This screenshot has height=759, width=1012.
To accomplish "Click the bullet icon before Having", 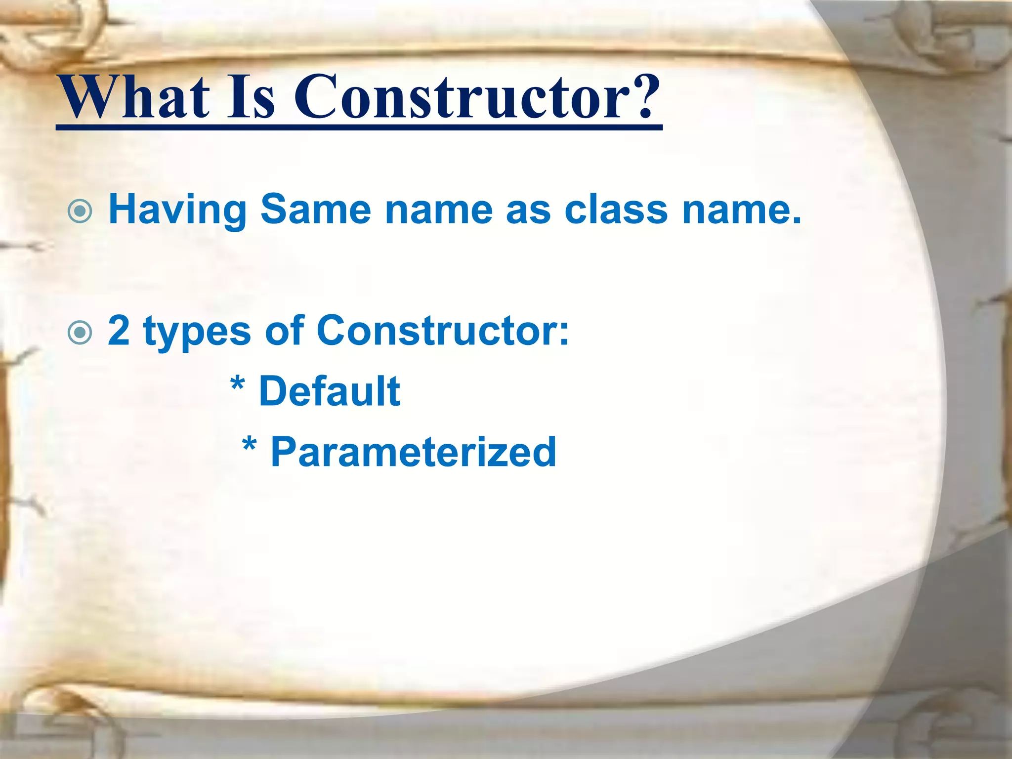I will [80, 212].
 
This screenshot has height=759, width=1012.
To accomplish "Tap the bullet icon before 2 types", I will [80, 333].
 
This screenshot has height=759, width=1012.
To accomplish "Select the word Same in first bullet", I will [315, 210].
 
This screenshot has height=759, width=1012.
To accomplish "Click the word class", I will [616, 210].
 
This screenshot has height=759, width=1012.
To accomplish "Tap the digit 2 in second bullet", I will [119, 331].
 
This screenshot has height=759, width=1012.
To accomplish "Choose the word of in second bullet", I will [285, 330].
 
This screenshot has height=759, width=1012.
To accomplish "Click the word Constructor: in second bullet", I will [443, 331].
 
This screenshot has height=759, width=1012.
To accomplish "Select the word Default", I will [329, 391].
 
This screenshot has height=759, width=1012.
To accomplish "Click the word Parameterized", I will [413, 452].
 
